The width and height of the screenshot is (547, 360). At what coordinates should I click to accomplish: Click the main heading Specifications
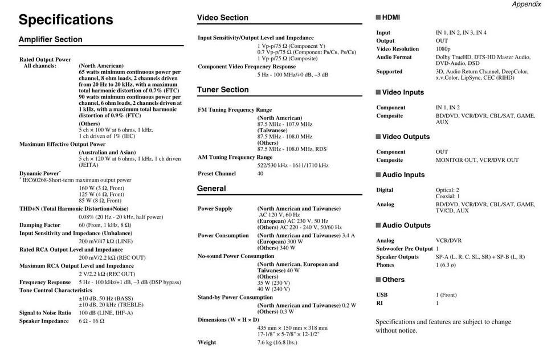pyautogui.click(x=66, y=20)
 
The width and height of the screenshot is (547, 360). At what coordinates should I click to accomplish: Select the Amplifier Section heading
pyautogui.click(x=50, y=39)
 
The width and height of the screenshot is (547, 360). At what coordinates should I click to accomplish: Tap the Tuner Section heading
pyautogui.click(x=223, y=89)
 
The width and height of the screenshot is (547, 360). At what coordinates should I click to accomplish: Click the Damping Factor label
pyautogui.click(x=40, y=225)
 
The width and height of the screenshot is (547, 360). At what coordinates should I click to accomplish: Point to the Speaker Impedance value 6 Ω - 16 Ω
pyautogui.click(x=92, y=321)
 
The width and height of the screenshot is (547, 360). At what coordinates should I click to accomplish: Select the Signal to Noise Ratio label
pyautogui.click(x=45, y=313)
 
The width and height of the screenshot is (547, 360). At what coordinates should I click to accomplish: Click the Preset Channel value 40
pyautogui.click(x=260, y=173)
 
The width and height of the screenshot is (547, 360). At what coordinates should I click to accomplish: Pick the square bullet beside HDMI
pyautogui.click(x=378, y=18)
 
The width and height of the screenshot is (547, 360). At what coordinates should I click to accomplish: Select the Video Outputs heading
pyautogui.click(x=406, y=137)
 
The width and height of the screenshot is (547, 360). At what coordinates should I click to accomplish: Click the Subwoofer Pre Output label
pyautogui.click(x=404, y=249)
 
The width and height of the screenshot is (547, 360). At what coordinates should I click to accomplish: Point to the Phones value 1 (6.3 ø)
pyautogui.click(x=449, y=265)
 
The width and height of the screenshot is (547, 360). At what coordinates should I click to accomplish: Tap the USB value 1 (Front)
pyautogui.click(x=446, y=295)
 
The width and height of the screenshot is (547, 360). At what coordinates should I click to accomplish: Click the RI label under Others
pyautogui.click(x=379, y=303)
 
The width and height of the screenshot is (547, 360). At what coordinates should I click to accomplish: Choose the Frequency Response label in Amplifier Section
pyautogui.click(x=45, y=282)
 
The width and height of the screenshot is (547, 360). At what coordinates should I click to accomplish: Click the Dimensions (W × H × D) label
pyautogui.click(x=228, y=320)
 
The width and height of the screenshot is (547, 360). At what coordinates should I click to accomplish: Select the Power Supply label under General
pyautogui.click(x=215, y=208)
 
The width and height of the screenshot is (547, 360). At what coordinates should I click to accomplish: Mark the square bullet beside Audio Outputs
pyautogui.click(x=378, y=226)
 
